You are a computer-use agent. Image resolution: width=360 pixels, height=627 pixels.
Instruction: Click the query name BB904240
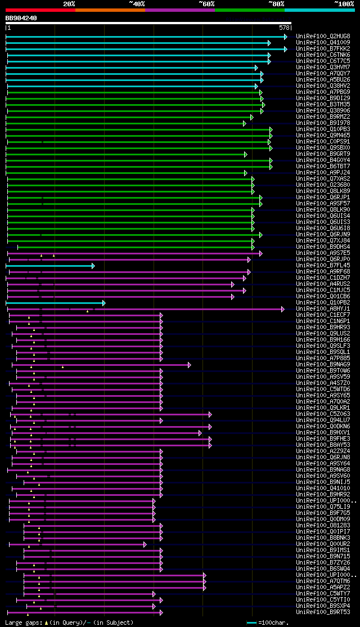[x=21, y=18]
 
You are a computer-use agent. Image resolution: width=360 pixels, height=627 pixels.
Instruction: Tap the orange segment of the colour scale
[x=110, y=10]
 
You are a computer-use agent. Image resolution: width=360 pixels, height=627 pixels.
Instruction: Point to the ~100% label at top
[x=344, y=3]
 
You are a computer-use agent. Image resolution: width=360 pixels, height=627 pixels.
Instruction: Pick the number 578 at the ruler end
[x=284, y=28]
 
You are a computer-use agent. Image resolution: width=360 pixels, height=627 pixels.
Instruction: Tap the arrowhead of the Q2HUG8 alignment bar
[x=285, y=37]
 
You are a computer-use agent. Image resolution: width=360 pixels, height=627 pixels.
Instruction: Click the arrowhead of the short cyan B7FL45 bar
[x=93, y=265]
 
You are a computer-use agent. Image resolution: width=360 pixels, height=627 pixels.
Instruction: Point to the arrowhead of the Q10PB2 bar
[x=103, y=303]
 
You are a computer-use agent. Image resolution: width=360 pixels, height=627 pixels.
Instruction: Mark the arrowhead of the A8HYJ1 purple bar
[x=283, y=309]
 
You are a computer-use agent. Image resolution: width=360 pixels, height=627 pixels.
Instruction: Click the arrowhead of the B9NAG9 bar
[x=190, y=365]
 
